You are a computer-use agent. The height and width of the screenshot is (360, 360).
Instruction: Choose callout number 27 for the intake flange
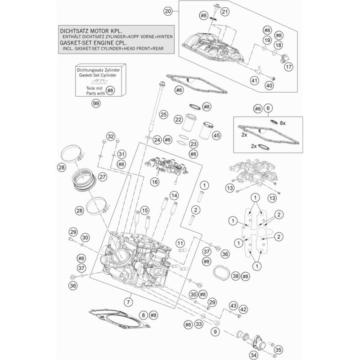coord(102,177)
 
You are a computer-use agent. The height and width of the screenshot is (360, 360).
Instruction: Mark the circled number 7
coord(129,301)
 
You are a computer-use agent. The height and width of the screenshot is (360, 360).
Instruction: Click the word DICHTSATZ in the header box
coord(76,29)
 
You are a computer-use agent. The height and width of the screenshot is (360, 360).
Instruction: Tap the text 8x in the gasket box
coord(283,122)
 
